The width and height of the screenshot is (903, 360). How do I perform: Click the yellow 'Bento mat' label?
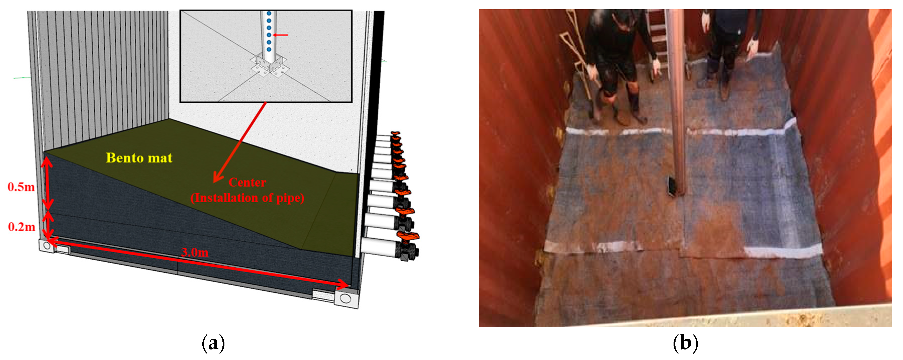(139, 158)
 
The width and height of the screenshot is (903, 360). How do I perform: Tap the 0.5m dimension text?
(21, 187)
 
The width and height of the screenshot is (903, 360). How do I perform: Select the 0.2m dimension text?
(22, 227)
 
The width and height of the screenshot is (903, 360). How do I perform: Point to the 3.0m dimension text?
(195, 252)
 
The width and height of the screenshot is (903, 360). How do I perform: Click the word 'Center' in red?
(248, 182)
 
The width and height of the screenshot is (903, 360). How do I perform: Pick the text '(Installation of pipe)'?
(248, 198)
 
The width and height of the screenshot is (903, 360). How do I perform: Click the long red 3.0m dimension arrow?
(198, 262)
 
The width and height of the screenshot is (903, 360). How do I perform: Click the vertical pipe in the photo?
(677, 101)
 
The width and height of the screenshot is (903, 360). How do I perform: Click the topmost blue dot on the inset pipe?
(269, 13)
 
